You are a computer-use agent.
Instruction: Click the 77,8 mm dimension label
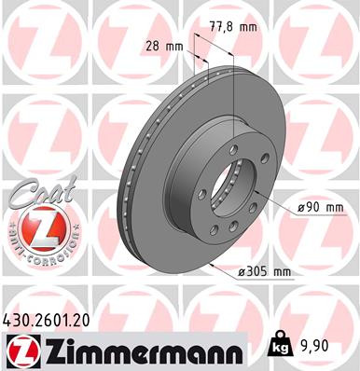pos(233,27)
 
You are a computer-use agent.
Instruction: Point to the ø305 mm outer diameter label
pos(266,271)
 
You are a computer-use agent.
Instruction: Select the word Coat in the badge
pos(35,194)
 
